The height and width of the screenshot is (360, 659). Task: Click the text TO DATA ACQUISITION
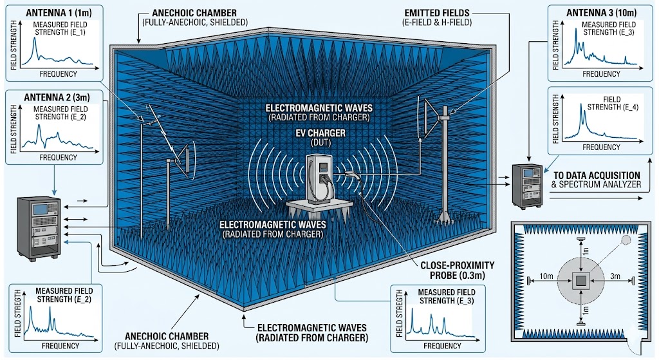pos(595,175)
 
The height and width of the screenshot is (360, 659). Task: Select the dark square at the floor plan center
pos(581,280)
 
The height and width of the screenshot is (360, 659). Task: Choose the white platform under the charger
pos(320,208)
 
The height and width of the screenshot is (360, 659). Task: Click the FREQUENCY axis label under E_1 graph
pos(59,74)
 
